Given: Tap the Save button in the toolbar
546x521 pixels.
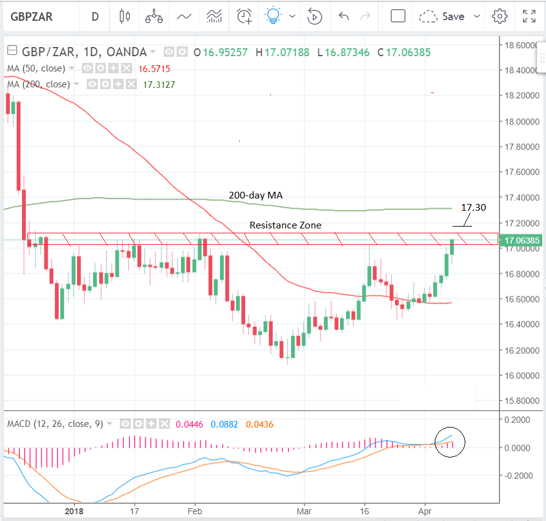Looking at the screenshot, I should pos(453,16).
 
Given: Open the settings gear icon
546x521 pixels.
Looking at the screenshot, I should pos(500,16).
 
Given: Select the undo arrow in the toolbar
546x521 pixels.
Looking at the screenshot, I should pos(344,16).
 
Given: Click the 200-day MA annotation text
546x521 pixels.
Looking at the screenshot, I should pos(256,195).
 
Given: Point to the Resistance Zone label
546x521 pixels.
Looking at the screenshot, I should pos(285,225).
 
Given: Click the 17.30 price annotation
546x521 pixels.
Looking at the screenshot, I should pos(473,208).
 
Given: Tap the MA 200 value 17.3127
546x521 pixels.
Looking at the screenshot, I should pos(159,84).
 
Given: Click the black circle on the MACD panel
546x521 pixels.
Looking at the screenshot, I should pos(450,442).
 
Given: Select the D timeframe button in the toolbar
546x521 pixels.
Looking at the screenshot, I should pos(95,16).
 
